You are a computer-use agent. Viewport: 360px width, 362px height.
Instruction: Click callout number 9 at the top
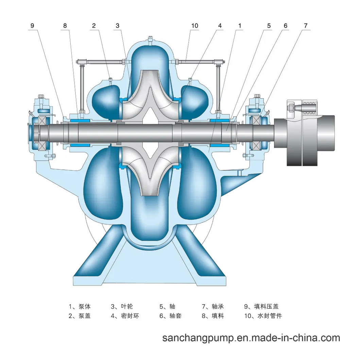pyautogui.click(x=32, y=25)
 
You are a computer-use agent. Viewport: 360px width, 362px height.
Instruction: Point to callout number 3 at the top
pyautogui.click(x=117, y=25)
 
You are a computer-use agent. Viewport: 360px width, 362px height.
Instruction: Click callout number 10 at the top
pyautogui.click(x=194, y=25)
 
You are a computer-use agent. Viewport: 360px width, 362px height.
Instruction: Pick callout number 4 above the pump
pyautogui.click(x=220, y=25)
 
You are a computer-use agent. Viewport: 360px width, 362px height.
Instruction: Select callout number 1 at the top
pyautogui.click(x=240, y=25)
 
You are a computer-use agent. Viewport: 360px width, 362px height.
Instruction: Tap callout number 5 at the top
pyautogui.click(x=269, y=25)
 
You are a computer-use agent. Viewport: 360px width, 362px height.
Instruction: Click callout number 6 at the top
pyautogui.click(x=285, y=25)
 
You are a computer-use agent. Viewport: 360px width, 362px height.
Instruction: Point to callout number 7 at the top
pyautogui.click(x=306, y=25)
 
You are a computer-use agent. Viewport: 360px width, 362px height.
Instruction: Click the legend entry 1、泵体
pyautogui.click(x=80, y=306)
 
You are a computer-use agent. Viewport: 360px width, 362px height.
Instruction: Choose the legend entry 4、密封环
pyautogui.click(x=125, y=316)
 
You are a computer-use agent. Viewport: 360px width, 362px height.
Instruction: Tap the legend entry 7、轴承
pyautogui.click(x=213, y=306)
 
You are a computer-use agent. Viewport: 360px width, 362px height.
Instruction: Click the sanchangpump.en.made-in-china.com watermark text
pyautogui.click(x=251, y=338)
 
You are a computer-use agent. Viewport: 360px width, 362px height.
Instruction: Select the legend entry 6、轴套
pyautogui.click(x=170, y=316)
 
